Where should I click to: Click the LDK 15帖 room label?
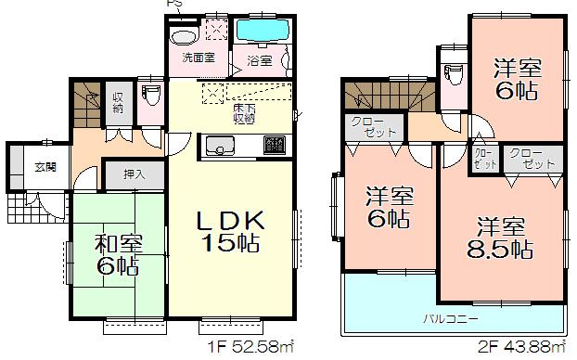coord(231,232)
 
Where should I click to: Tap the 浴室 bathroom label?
coord(259,61)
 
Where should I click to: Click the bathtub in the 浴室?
coord(263,30)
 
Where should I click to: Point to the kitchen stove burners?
coord(274,146)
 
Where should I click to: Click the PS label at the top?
coord(174,5)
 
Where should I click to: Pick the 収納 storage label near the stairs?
coord(118,102)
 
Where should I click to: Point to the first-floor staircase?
coord(87,104)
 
